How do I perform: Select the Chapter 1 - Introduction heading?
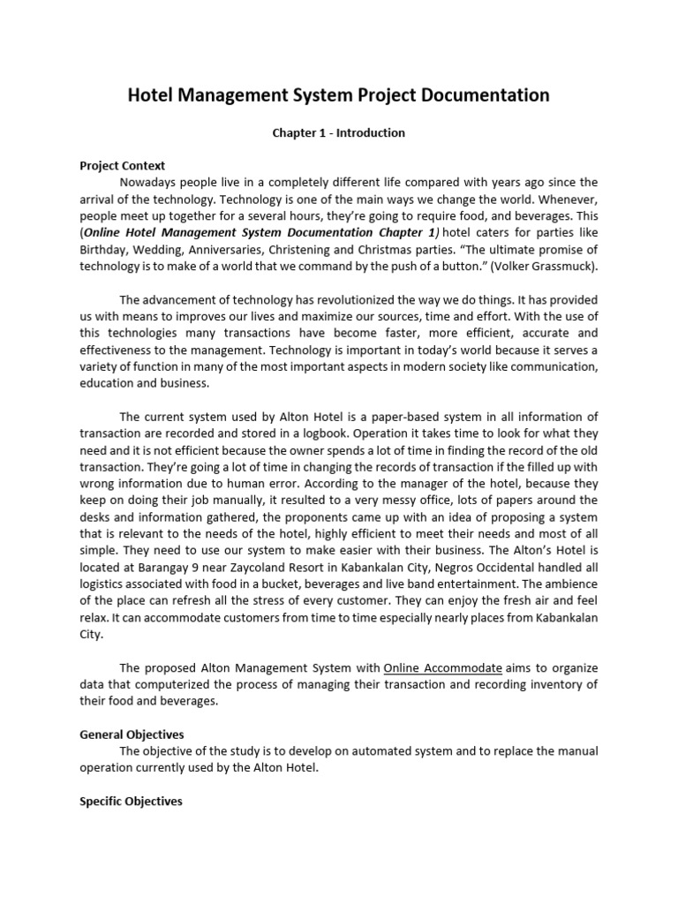(x=338, y=133)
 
